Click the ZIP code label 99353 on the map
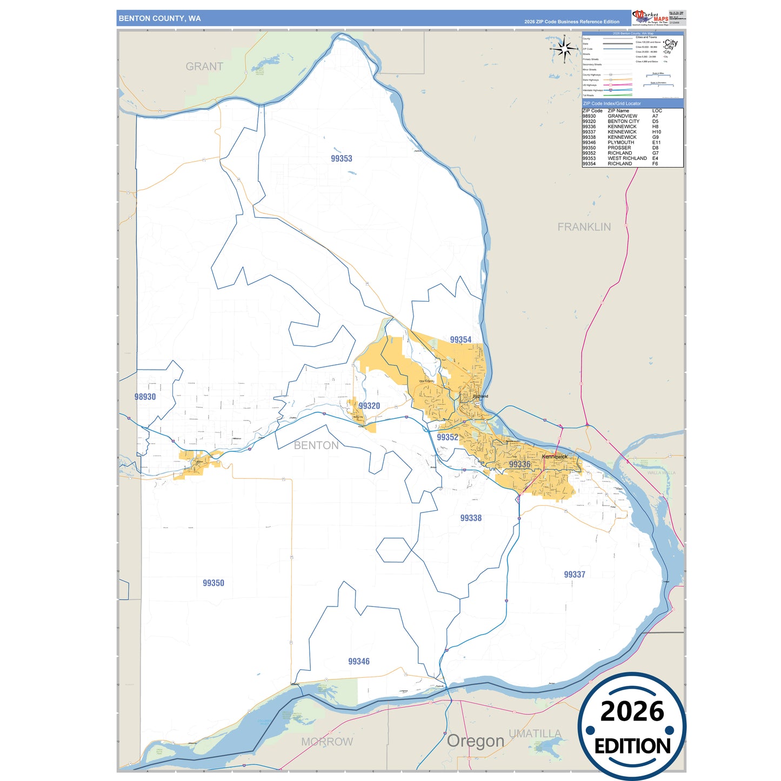coord(341,158)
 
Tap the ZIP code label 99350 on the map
coord(213,583)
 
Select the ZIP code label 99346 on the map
coord(358,661)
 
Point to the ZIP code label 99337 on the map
coord(574,574)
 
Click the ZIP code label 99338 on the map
coord(470,518)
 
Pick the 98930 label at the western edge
coord(145,397)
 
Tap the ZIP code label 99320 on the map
coord(369,405)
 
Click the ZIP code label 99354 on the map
coord(460,339)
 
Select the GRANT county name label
coord(204,66)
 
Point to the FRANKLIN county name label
coord(584,227)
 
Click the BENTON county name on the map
coord(316,445)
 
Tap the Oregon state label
coord(475,741)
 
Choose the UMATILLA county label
coord(535,733)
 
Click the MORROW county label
coord(327,742)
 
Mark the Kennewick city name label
coord(555,457)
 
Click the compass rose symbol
coord(564,50)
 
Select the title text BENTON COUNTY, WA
coord(159,18)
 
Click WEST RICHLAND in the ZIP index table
coord(627,158)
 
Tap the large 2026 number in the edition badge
coord(632,711)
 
